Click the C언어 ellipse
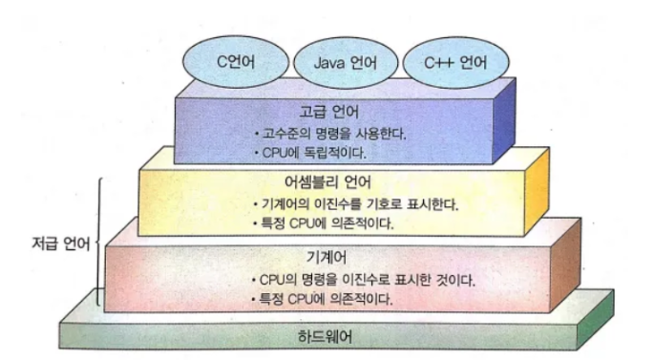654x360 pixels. click(x=236, y=62)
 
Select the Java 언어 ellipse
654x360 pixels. click(x=346, y=63)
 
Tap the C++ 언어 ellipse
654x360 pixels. click(x=455, y=63)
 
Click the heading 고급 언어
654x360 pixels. click(x=329, y=112)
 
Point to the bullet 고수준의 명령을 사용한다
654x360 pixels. click(x=330, y=134)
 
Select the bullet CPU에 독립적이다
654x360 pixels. click(x=310, y=153)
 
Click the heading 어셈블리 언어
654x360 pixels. click(x=327, y=181)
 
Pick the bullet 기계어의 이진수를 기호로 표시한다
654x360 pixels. click(x=356, y=204)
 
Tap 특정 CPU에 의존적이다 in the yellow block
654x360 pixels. click(x=324, y=223)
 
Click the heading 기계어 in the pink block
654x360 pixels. click(x=327, y=257)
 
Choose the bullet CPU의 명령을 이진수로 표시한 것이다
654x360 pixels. click(x=364, y=280)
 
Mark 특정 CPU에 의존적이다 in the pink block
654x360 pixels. click(x=322, y=299)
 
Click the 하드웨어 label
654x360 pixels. click(x=326, y=337)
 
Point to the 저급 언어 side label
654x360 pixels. click(x=61, y=244)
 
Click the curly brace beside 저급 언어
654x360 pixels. click(x=98, y=242)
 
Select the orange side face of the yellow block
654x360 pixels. click(x=537, y=192)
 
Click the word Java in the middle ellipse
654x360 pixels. click(x=329, y=63)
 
